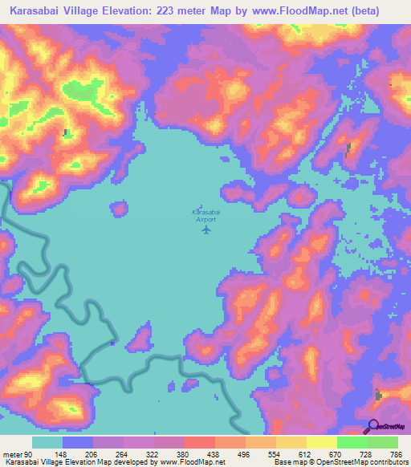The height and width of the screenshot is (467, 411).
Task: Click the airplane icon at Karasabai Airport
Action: click(x=205, y=230)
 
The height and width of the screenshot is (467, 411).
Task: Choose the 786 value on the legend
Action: click(x=398, y=455)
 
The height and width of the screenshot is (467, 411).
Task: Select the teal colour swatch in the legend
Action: click(x=47, y=442)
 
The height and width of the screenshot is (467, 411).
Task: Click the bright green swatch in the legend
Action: click(x=352, y=442)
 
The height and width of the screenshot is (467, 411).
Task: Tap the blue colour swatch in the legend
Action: click(x=78, y=442)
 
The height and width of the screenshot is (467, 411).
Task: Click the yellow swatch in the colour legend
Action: click(x=321, y=442)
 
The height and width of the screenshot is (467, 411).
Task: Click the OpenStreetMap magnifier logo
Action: click(x=373, y=426)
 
